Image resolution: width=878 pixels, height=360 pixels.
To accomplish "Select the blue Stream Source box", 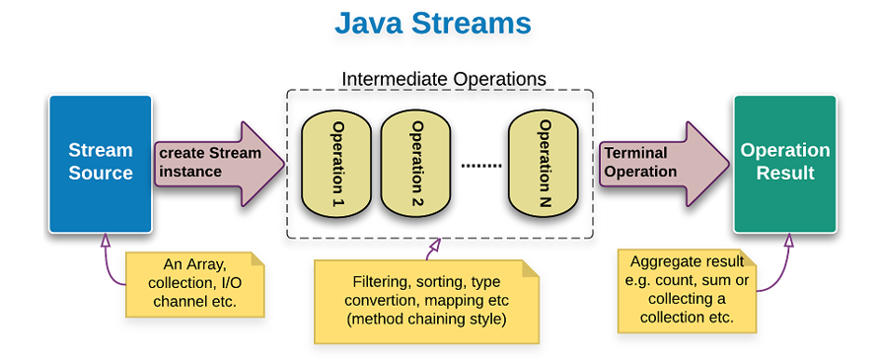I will tap(100, 162).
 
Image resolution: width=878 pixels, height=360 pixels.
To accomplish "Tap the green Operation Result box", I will tap(785, 162).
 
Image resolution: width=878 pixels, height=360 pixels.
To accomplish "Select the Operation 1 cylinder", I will tap(335, 163).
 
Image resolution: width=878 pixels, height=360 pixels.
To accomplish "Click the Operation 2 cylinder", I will tap(415, 163).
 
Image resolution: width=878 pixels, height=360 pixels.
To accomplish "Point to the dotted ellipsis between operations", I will tap(481, 165).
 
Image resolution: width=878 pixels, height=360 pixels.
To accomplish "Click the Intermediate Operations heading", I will tap(443, 78).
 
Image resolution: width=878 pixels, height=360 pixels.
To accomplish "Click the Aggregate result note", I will tap(687, 289).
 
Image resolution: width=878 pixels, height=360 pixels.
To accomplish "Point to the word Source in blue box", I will tap(100, 174).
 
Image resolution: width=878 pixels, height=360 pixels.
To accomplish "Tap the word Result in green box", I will tap(785, 174).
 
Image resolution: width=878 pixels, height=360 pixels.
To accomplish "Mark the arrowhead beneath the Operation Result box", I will tap(787, 239).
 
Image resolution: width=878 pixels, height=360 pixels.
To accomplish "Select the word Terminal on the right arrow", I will tap(635, 153).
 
